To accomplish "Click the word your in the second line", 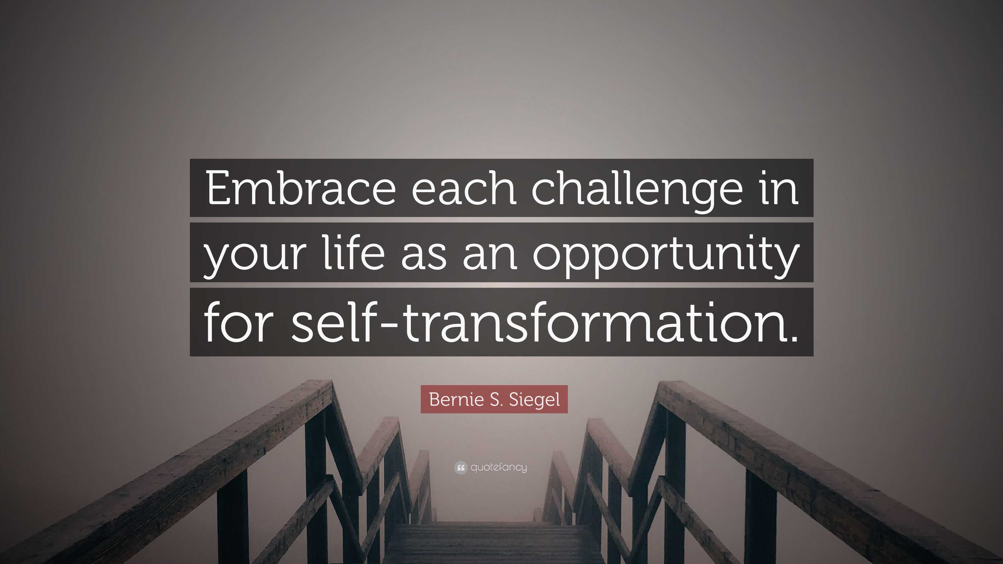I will click(253, 255).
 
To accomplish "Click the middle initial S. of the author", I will click(495, 399).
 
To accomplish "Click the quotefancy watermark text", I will click(498, 467).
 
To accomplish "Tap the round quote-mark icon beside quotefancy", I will click(460, 467).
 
